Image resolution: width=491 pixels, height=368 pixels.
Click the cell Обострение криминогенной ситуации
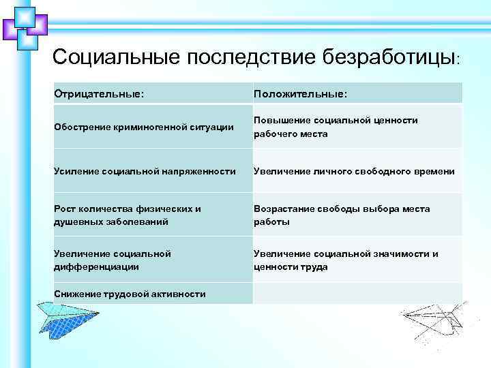[139, 127]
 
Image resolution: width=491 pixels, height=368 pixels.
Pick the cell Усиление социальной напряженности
[145, 171]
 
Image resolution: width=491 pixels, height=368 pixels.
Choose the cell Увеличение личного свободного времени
[354, 171]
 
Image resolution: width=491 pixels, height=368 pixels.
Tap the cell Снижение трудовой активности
[130, 294]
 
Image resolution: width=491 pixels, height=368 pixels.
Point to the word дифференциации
[96, 266]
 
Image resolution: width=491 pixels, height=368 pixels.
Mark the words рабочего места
[291, 134]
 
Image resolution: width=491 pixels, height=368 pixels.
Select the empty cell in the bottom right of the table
[356, 294]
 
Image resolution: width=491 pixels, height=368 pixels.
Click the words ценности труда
[291, 266]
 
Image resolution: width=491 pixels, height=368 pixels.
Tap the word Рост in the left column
[65, 209]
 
